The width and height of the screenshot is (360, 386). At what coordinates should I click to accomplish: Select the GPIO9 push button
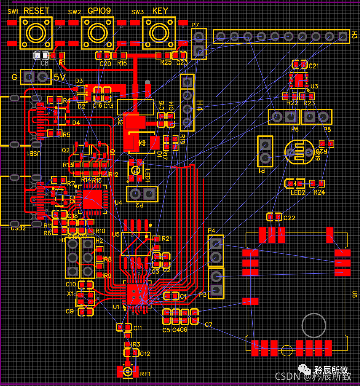[x=98, y=33]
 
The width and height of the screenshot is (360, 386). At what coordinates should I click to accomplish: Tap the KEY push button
[x=159, y=33]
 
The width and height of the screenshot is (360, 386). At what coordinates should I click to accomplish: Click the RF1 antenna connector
[x=128, y=372]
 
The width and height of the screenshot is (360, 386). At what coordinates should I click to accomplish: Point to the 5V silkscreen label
[x=59, y=77]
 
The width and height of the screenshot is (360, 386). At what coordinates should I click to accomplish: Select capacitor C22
[x=274, y=217]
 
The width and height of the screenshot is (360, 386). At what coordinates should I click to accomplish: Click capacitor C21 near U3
[x=300, y=65]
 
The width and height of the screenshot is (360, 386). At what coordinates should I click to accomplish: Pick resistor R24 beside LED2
[x=317, y=183]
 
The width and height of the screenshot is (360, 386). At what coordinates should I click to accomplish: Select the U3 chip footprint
[x=299, y=80]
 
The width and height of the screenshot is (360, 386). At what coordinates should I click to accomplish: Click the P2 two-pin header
[x=141, y=193]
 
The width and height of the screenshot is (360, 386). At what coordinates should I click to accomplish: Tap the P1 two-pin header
[x=265, y=151]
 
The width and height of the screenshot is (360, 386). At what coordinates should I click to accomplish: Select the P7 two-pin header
[x=199, y=43]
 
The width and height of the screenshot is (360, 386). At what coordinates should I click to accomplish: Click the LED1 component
[x=135, y=169]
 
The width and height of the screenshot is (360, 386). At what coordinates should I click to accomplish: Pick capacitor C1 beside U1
[x=171, y=295]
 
